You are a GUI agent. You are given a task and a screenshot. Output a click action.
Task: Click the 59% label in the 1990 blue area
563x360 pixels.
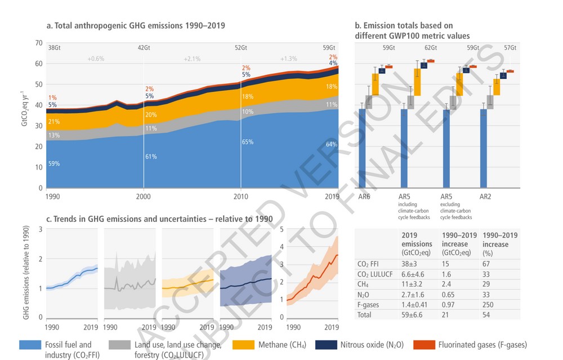(x=54, y=164)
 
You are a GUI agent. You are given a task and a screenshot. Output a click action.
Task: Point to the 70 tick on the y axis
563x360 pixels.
(x=38, y=43)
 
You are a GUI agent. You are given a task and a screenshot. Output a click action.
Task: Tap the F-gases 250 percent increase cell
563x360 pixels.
(x=490, y=304)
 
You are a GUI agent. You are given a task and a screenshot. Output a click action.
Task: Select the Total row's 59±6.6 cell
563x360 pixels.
(x=412, y=315)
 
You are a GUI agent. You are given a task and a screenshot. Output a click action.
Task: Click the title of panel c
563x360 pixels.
(x=159, y=219)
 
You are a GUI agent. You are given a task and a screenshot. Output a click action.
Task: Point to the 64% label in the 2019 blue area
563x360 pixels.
(x=332, y=144)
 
